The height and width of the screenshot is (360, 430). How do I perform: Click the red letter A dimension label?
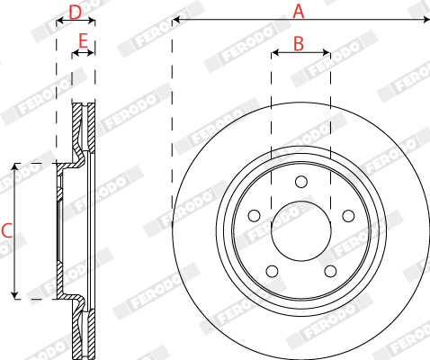[x=299, y=12]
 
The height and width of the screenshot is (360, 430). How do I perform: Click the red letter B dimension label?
[x=299, y=43]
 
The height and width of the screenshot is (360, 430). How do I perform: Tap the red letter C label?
[x=6, y=230]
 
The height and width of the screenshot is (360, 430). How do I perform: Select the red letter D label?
[x=75, y=13]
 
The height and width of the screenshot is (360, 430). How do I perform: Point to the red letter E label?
[x=83, y=40]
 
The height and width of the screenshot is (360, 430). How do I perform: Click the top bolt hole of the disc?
[x=301, y=182]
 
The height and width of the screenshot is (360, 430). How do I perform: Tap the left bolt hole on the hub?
[x=255, y=216]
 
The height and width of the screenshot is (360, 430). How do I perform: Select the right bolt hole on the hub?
[x=348, y=216]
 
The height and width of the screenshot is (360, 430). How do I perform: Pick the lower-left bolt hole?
[x=273, y=271]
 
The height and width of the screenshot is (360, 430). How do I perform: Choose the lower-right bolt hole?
[x=330, y=271]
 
